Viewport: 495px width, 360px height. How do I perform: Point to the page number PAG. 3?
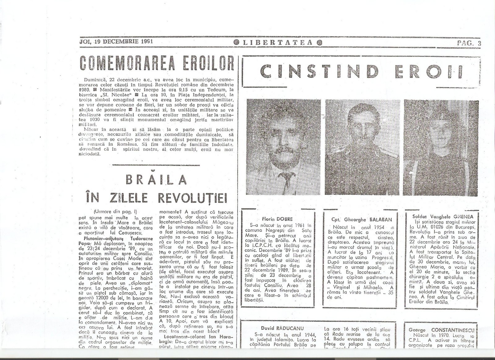pos(469,43)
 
